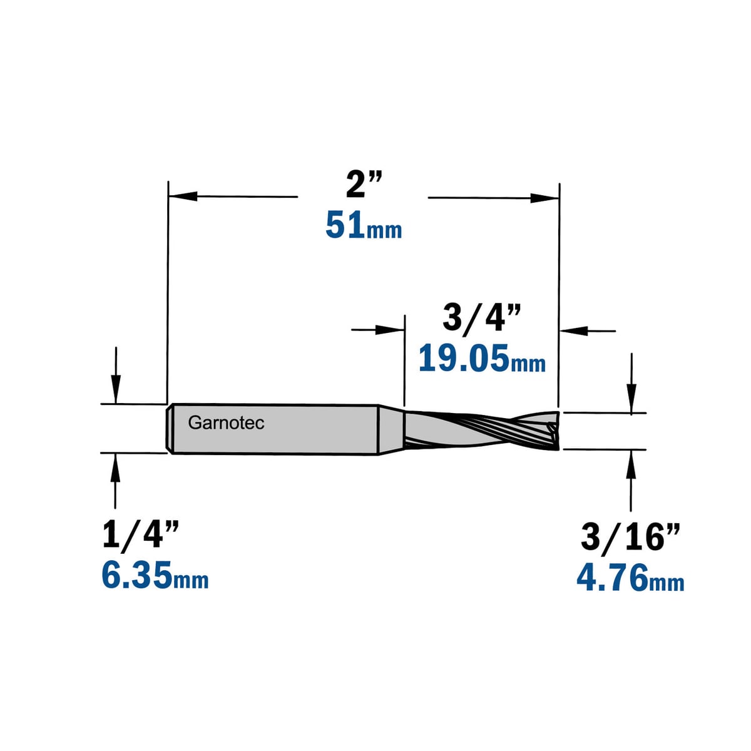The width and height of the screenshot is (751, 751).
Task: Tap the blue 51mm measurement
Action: [x=364, y=225]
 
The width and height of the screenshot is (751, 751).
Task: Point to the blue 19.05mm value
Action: [x=482, y=358]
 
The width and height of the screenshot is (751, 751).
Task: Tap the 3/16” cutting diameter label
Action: [x=631, y=537]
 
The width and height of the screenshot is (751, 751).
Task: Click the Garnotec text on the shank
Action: [x=226, y=423]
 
